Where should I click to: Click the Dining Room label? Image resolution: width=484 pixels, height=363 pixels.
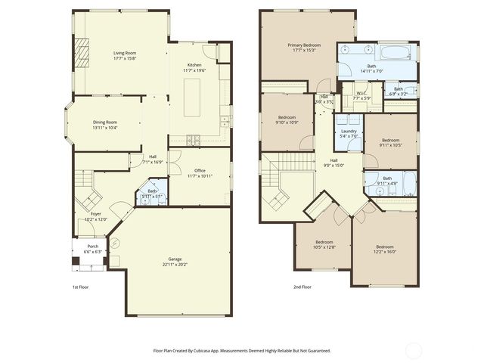(x=105, y=122)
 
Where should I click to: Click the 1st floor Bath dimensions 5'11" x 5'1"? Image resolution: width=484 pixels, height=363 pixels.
(x=153, y=196)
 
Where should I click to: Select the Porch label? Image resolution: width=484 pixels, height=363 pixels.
(x=92, y=247)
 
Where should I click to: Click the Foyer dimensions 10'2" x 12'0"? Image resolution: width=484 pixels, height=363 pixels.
(x=96, y=219)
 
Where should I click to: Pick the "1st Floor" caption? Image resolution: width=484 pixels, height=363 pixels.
(x=82, y=287)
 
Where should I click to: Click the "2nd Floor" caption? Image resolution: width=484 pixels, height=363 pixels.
(x=302, y=287)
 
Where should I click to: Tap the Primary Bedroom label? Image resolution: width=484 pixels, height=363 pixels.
(x=304, y=45)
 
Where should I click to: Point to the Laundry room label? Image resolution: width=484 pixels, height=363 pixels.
(x=349, y=131)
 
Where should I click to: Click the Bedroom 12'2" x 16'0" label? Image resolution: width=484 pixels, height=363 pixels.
(x=385, y=246)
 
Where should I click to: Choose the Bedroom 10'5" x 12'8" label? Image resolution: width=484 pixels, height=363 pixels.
(x=324, y=242)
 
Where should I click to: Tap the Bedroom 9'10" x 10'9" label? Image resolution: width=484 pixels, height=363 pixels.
(x=287, y=117)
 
